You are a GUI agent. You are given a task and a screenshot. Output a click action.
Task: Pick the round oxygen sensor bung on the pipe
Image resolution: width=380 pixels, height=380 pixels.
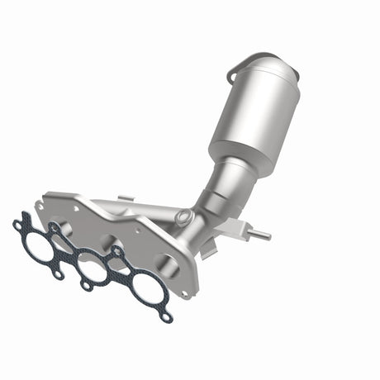pos(183,217)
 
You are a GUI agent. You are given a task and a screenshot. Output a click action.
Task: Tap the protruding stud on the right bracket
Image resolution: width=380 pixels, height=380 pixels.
pos(260,236)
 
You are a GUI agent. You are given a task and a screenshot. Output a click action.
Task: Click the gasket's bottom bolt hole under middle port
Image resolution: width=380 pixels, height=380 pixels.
pos(86,286)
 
